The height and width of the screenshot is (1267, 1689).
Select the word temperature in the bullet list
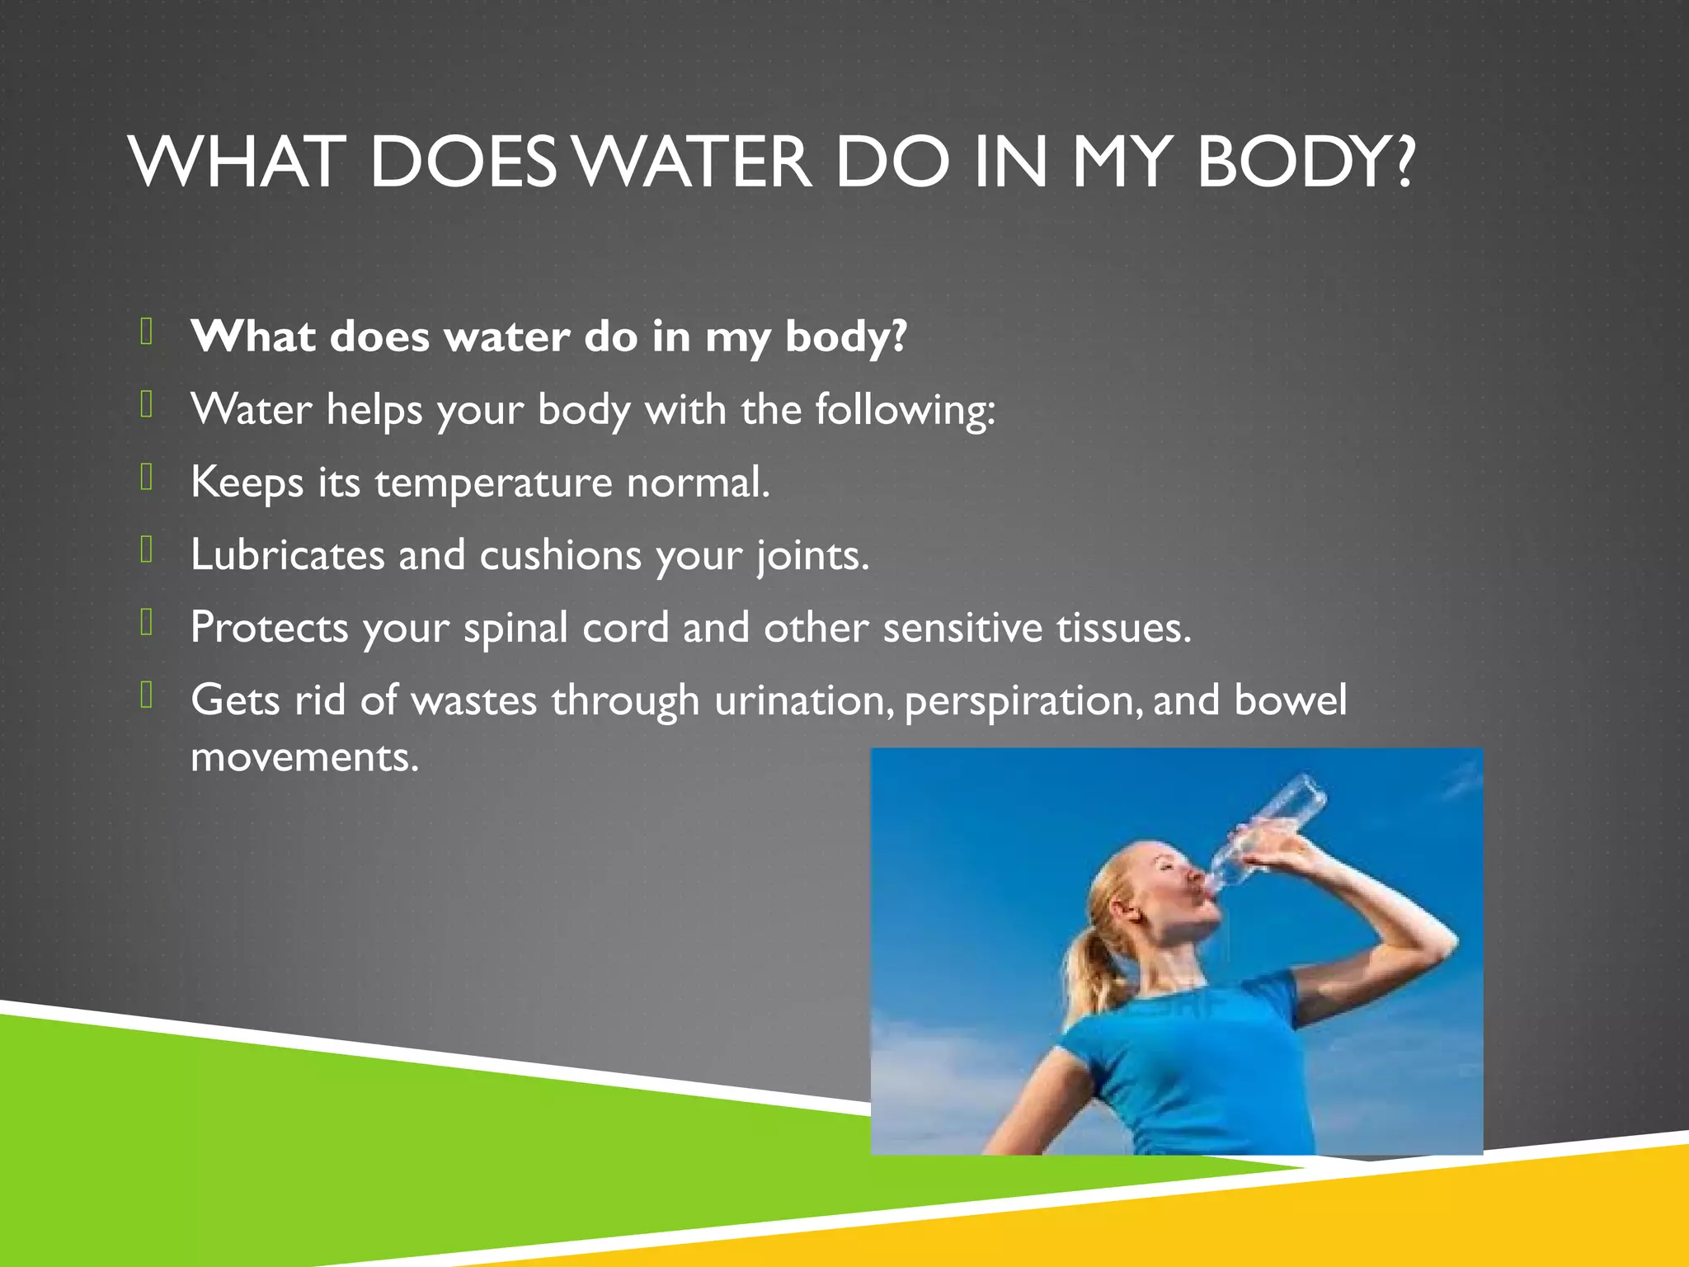(x=493, y=482)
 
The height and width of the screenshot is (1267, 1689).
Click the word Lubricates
(x=287, y=554)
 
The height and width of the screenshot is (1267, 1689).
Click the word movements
(x=304, y=756)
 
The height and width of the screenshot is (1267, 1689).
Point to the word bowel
(x=1291, y=699)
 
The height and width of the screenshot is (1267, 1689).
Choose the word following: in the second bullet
(x=905, y=410)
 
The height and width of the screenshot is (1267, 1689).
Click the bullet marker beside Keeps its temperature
(x=147, y=478)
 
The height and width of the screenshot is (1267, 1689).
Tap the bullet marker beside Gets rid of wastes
(x=147, y=695)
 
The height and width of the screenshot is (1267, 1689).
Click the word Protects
(x=269, y=627)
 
